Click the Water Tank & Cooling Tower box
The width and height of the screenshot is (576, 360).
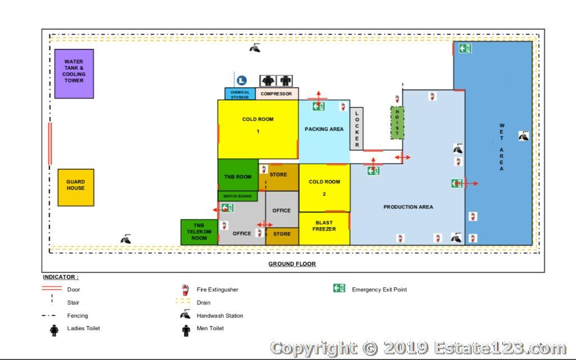coord(74,74)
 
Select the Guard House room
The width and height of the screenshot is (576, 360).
coord(76,187)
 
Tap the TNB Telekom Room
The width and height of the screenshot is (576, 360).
coord(199,232)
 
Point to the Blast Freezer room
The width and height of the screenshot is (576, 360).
coord(324,228)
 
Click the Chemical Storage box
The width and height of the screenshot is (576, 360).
coord(240,94)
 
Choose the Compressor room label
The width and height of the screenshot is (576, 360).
coord(276,94)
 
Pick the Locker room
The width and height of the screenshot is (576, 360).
coord(356,129)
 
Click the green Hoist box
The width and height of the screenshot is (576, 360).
coord(397,123)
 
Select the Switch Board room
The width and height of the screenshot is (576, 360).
coord(238,196)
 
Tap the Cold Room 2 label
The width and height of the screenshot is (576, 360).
coord(325,188)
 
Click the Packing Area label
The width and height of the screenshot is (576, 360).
coord(324,129)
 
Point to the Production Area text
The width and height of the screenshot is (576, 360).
coord(408,207)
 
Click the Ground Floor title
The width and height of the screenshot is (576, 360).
coord(292,264)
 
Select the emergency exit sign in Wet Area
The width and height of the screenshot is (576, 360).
coord(465,48)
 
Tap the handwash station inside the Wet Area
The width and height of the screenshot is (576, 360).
coord(524,136)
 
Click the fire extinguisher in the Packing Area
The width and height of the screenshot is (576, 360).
coord(343,106)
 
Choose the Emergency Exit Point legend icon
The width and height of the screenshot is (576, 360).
coord(339,289)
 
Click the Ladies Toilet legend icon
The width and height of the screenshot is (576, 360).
coord(54,330)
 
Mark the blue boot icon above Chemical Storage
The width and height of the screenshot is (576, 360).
coord(241,80)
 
